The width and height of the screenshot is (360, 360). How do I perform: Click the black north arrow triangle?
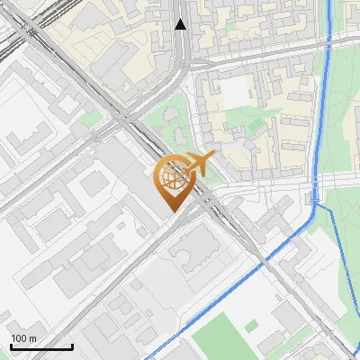pyautogui.click(x=181, y=24)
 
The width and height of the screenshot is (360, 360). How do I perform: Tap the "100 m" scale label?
pyautogui.click(x=23, y=337)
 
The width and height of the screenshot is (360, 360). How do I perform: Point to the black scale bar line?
pyautogui.click(x=41, y=346)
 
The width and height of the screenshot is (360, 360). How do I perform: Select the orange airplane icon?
pyautogui.click(x=199, y=165)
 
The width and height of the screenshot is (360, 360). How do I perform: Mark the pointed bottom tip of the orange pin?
pyautogui.click(x=171, y=212)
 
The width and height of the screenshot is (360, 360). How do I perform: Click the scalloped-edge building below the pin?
pyautogui.click(x=192, y=253)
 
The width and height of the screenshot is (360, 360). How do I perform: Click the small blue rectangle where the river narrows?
pyautogui.click(x=315, y=196)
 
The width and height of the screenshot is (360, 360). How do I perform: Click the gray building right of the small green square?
pyautogui.click(x=270, y=342)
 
